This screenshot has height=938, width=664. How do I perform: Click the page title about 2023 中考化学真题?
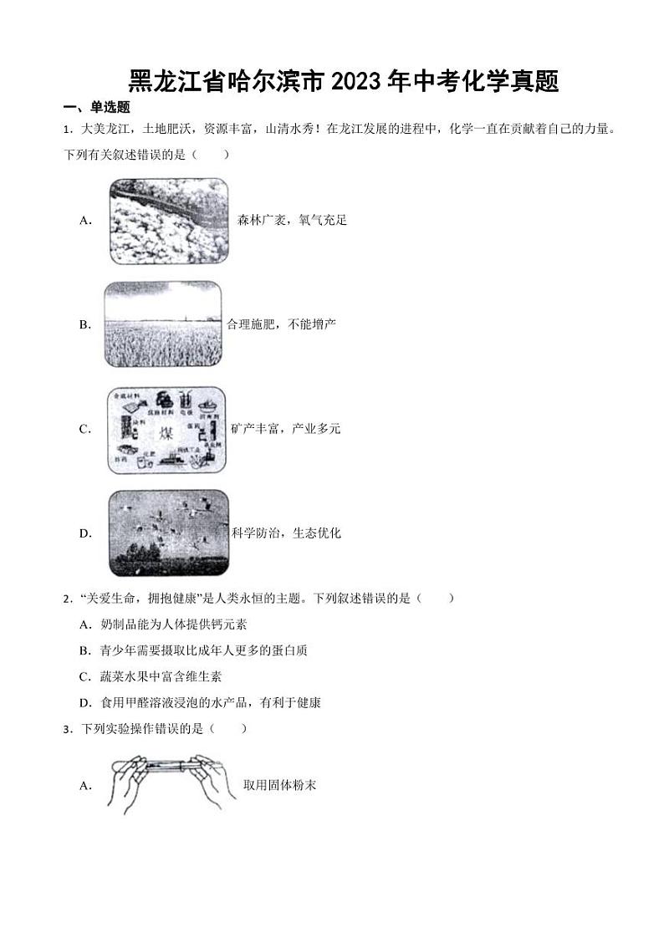(344, 82)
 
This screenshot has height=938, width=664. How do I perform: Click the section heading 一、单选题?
(97, 107)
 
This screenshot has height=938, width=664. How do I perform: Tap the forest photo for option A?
(168, 221)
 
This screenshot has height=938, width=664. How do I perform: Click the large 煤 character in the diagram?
(164, 431)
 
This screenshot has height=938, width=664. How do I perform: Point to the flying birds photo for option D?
(168, 533)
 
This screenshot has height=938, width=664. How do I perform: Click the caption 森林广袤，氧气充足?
(292, 221)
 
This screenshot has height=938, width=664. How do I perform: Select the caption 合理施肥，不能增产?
(281, 324)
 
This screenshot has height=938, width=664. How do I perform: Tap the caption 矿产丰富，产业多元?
(286, 429)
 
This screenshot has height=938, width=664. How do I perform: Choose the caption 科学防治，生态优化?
(287, 533)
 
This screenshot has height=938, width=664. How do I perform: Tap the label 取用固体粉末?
(279, 785)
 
